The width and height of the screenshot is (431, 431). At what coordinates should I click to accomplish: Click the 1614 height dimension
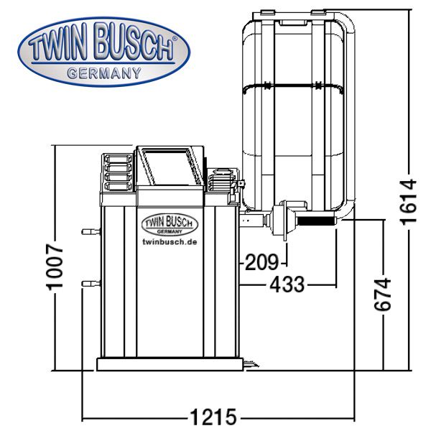click(x=409, y=202)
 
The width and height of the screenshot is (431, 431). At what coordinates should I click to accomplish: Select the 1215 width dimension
click(x=213, y=417)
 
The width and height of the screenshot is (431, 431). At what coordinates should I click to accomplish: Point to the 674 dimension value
click(x=383, y=294)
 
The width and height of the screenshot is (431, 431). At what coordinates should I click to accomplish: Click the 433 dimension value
click(x=287, y=284)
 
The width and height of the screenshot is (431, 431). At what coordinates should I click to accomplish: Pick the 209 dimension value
click(x=261, y=262)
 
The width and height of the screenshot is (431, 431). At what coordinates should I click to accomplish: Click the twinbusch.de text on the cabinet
click(x=170, y=242)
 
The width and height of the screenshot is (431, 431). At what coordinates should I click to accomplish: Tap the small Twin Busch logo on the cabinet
click(x=170, y=224)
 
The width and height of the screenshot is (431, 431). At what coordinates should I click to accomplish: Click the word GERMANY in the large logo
click(x=104, y=74)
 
